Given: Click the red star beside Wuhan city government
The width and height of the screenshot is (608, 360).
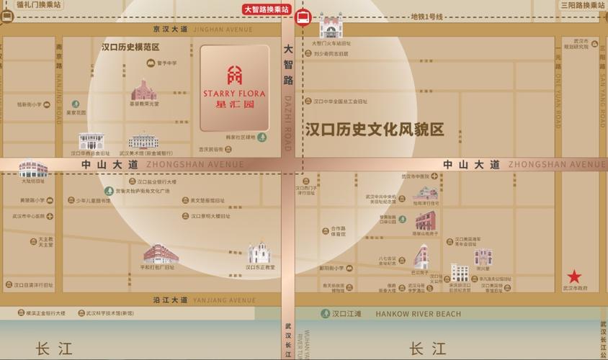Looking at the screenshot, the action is pyautogui.click(x=574, y=276).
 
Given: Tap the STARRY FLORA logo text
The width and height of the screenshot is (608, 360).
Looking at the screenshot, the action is pyautogui.click(x=235, y=94).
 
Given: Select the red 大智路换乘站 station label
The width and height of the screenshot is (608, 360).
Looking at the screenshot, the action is pyautogui.click(x=267, y=9).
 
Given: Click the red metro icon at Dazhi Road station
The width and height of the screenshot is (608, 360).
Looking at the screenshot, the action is pyautogui.click(x=303, y=18).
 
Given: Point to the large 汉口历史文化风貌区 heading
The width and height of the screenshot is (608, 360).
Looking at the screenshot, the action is pyautogui.click(x=375, y=130).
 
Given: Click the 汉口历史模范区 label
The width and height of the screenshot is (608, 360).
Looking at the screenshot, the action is pyautogui.click(x=130, y=47).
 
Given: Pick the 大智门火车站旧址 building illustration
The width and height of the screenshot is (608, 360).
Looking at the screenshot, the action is pyautogui.click(x=331, y=27).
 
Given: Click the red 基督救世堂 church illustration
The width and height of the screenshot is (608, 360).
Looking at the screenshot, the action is pyautogui.click(x=144, y=90).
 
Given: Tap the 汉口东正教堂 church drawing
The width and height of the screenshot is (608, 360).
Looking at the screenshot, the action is pyautogui.click(x=260, y=253).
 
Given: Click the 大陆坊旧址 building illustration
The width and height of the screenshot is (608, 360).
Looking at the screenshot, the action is pyautogui.click(x=33, y=168).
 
